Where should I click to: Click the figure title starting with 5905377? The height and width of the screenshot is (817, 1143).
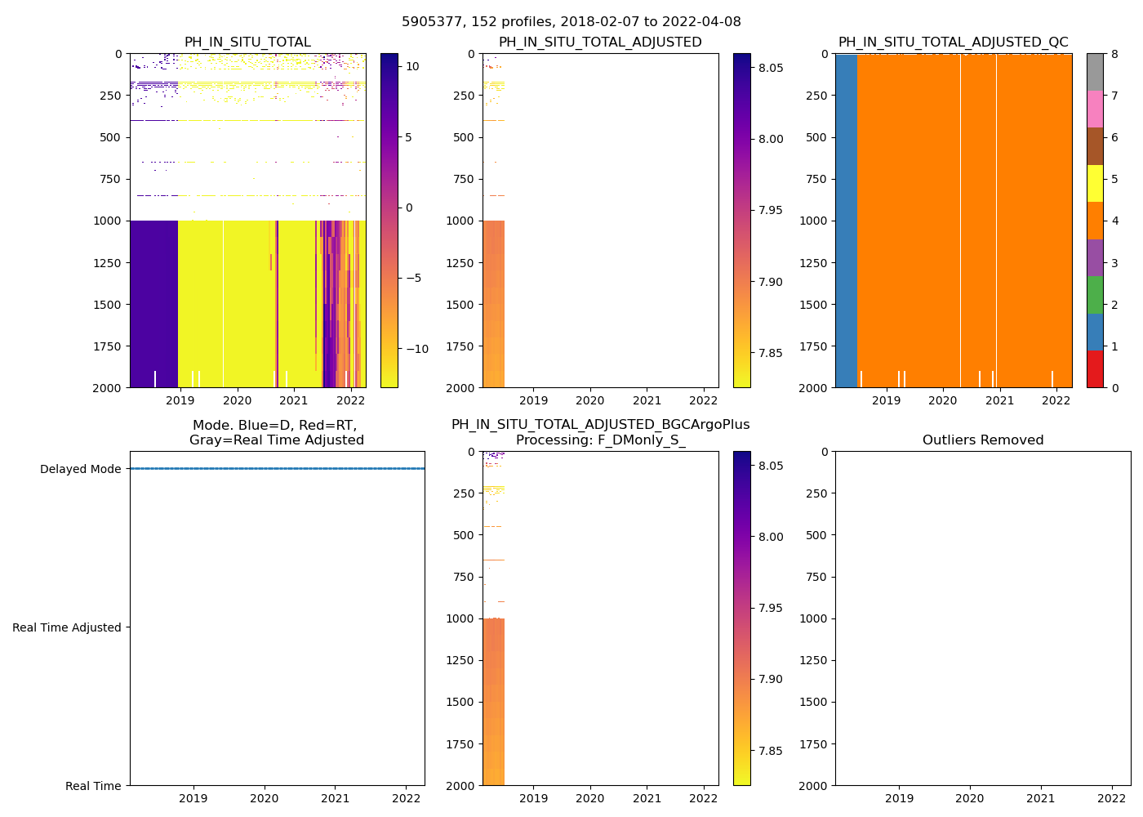point(571,22)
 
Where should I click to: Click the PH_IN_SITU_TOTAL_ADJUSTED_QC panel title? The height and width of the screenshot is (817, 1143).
point(953,42)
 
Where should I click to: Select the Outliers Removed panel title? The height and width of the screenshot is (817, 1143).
point(982,440)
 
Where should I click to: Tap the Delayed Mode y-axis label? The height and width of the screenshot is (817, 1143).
point(80,469)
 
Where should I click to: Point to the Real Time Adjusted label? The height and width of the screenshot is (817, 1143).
point(67,627)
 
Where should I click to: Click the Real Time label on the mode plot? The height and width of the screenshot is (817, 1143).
point(93,786)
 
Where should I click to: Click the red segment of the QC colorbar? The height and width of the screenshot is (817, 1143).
point(1095,368)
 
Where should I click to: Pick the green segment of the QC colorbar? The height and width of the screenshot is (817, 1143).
point(1095,294)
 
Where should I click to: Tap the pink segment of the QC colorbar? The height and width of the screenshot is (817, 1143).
point(1095,109)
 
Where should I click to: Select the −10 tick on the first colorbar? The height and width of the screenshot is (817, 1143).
point(417,349)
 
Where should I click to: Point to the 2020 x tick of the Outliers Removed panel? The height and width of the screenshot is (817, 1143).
point(970,798)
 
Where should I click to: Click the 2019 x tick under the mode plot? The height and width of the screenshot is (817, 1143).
point(193,798)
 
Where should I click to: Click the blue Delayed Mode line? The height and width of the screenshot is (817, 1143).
point(277,469)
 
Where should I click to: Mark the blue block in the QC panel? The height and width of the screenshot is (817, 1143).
point(846,221)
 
